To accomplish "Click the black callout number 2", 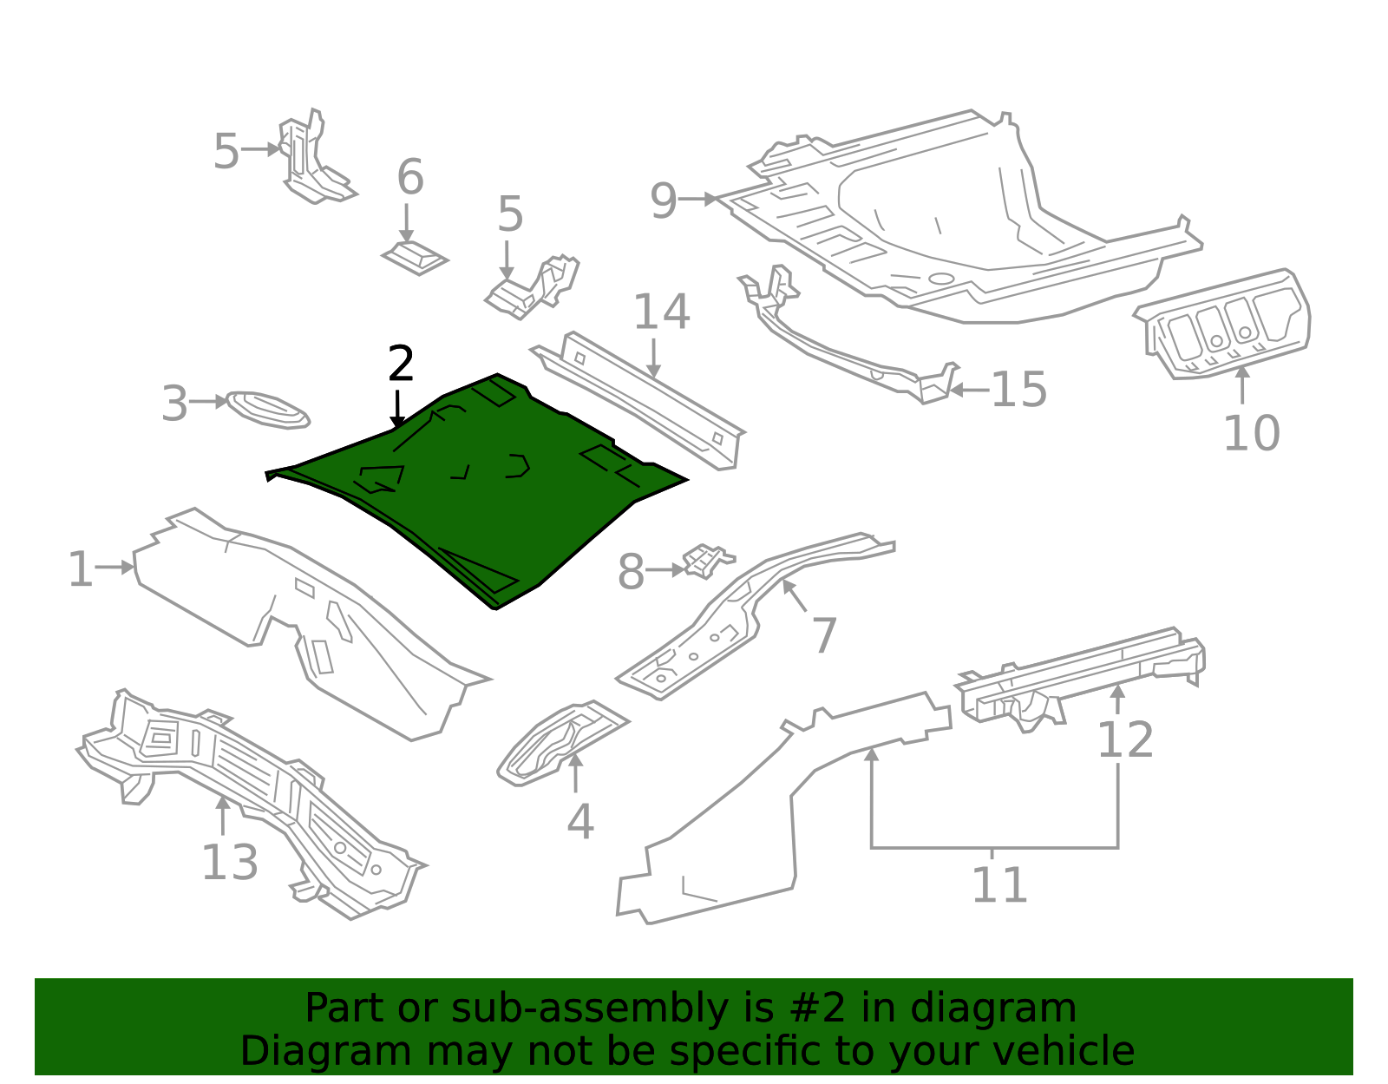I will click(x=400, y=365).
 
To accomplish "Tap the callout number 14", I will click(x=661, y=312).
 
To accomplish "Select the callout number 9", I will click(x=663, y=201).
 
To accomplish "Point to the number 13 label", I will click(x=229, y=863).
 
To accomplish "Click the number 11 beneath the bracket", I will click(x=998, y=885).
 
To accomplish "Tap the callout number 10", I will click(x=1250, y=433).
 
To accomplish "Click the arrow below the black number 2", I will click(x=397, y=408).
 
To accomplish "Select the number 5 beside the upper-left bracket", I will click(x=226, y=152).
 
